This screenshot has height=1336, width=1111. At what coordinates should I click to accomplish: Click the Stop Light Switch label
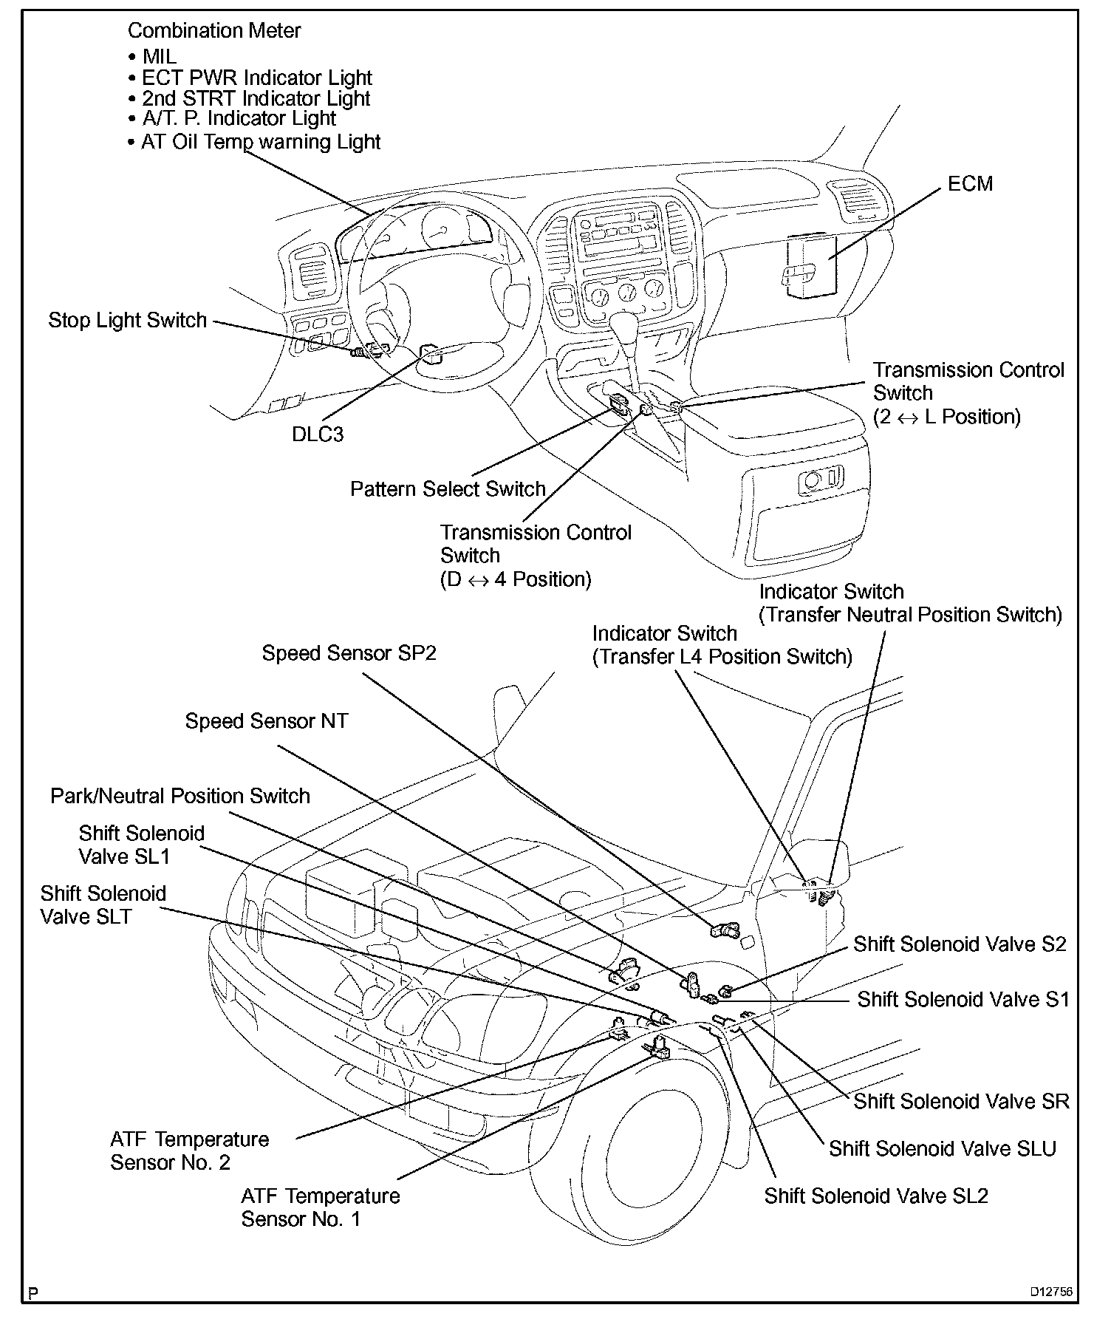(128, 321)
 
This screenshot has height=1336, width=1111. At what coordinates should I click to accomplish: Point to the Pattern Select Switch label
(448, 489)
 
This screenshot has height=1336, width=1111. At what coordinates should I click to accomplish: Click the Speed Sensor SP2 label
(349, 653)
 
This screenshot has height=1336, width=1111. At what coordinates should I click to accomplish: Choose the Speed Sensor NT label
(267, 721)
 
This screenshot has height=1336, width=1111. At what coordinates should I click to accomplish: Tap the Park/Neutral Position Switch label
(180, 796)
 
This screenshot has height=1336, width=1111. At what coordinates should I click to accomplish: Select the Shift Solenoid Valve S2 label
(960, 944)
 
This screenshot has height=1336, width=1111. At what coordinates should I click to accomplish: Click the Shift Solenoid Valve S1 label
(963, 1000)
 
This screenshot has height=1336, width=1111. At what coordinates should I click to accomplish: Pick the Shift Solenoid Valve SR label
(962, 1102)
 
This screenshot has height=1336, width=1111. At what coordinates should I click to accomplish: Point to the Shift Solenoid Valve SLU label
(943, 1148)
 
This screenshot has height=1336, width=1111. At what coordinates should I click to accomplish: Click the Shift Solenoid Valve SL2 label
(876, 1196)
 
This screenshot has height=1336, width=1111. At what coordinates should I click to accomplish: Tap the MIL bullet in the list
(152, 57)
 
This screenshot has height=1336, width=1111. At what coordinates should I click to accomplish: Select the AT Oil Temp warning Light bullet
(254, 142)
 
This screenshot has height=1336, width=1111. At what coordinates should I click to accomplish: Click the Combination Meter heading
(214, 30)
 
